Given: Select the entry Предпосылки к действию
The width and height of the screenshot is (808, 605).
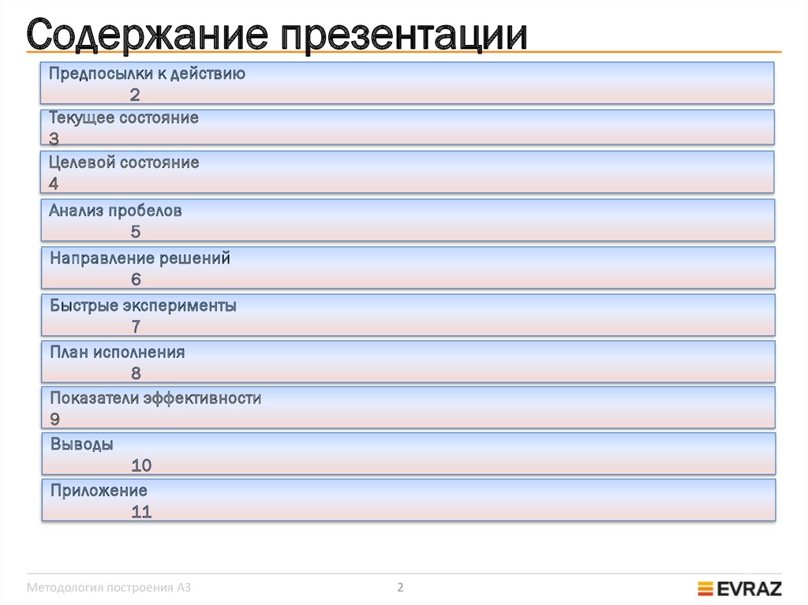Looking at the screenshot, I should pos(147,74).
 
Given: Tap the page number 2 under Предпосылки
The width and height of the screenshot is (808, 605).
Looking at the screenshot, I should pos(135,95).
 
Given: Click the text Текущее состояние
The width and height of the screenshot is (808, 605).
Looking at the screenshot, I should pos(124,118).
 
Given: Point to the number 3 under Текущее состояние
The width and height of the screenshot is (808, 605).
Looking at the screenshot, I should pos(54,140).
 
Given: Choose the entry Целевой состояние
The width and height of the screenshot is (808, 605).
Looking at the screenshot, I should pos(124,163).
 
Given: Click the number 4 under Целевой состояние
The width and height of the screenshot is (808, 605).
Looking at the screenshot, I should pos(54,184).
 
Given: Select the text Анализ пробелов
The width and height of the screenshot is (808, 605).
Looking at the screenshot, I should pos(115,211).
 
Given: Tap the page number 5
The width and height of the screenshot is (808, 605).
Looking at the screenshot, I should pos(136,232).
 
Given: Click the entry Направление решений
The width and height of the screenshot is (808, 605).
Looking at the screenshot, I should pos(140,258).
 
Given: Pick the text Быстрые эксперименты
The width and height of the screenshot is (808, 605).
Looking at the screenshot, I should pos(143,305).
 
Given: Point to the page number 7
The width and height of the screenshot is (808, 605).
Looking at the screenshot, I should pos(136,327).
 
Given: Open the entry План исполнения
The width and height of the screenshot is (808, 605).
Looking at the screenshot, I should pos(118,352).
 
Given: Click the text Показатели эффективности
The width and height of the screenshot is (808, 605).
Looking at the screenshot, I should pos(155,398).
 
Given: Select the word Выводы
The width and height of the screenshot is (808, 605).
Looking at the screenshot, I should pos(82,444).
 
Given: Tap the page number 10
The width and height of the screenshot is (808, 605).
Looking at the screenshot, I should pos(141,465).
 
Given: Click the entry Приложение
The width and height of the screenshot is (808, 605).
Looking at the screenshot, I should pos(99,491).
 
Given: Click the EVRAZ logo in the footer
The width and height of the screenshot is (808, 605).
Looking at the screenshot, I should pos(739,588).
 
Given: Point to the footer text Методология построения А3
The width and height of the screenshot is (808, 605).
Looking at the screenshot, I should pos(110,588).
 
